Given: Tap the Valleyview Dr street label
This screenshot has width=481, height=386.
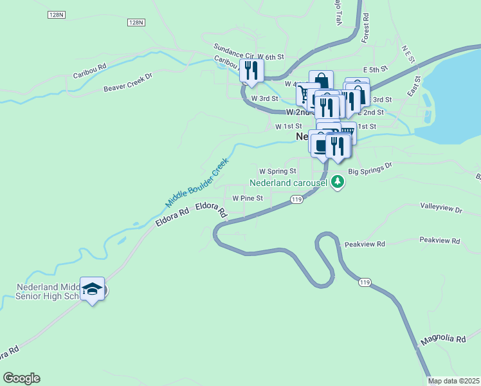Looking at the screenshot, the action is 441,209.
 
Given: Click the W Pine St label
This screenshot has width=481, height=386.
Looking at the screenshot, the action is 248,198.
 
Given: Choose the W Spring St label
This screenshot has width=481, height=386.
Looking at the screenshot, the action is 277,172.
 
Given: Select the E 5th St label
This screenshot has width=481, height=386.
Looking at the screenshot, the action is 376,69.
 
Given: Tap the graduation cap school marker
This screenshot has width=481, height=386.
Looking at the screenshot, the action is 93,290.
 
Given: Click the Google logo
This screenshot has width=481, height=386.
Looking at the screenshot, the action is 21,378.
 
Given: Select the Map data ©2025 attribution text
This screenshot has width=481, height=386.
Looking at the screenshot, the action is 454,381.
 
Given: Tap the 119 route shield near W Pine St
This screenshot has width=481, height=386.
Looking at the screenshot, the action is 296,200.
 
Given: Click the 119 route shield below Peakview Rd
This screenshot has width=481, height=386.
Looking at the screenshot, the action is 365,282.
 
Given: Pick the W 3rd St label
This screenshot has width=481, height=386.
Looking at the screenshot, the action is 264,98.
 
